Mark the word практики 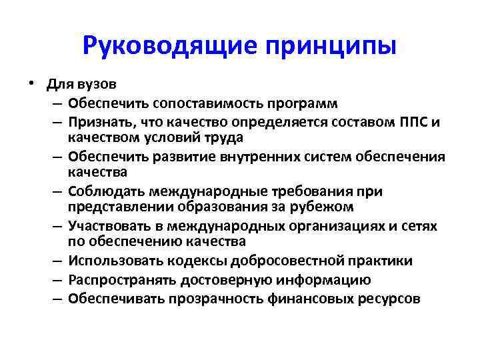click(379, 261)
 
